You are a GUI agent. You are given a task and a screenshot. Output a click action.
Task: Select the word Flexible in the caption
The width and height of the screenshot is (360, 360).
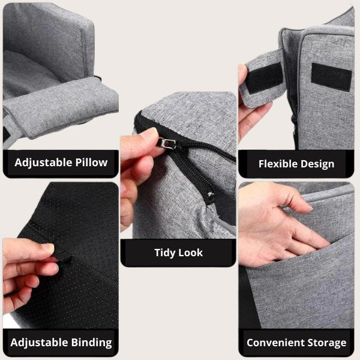pos(278,164)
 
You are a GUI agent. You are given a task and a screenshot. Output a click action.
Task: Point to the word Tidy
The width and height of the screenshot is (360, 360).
pos(164,253)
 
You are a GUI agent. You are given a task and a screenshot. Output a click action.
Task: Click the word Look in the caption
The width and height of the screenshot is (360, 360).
pos(190,253)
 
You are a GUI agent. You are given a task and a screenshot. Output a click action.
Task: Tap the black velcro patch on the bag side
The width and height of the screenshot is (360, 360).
pos(331,77)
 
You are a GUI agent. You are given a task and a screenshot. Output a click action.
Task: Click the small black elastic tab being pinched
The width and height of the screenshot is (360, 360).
pos(62,256)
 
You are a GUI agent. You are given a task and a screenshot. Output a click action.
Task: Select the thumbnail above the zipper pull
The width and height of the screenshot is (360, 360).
pos(149,133)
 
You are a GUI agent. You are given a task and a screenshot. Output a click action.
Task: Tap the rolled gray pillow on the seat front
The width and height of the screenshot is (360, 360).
pos(62,108)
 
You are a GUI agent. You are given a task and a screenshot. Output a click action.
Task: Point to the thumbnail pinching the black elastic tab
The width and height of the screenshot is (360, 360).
pos(48,248)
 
